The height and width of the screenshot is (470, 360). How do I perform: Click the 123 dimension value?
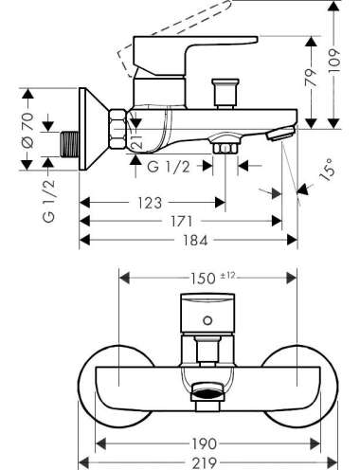click(150, 203)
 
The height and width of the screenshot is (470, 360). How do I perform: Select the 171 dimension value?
click(182, 222)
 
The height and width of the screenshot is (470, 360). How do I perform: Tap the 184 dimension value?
click(195, 241)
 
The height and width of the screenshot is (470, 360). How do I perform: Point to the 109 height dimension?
click(334, 62)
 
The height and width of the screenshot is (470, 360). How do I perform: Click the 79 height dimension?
click(312, 78)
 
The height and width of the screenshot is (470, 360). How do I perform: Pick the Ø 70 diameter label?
click(27, 130)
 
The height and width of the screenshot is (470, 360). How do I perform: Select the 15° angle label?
click(327, 170)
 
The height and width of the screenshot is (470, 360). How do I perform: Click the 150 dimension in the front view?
click(203, 279)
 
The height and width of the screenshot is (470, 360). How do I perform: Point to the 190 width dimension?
click(205, 444)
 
